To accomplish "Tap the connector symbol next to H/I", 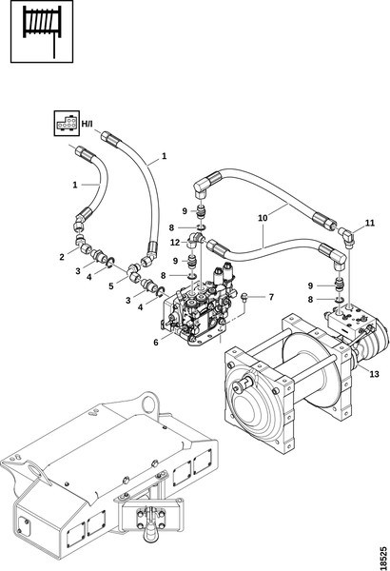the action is point(67,124).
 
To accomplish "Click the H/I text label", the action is point(87,124).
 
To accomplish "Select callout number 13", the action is point(375,374).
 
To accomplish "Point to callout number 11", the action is point(370,223).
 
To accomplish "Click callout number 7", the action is point(271,297).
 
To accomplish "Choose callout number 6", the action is point(156,343).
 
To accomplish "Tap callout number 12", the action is point(175,242).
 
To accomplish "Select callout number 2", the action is point(62,257).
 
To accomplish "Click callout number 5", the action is point(111,286).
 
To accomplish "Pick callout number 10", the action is point(263,218).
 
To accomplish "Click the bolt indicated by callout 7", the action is point(245,297).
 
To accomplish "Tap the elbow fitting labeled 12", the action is point(196,241).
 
